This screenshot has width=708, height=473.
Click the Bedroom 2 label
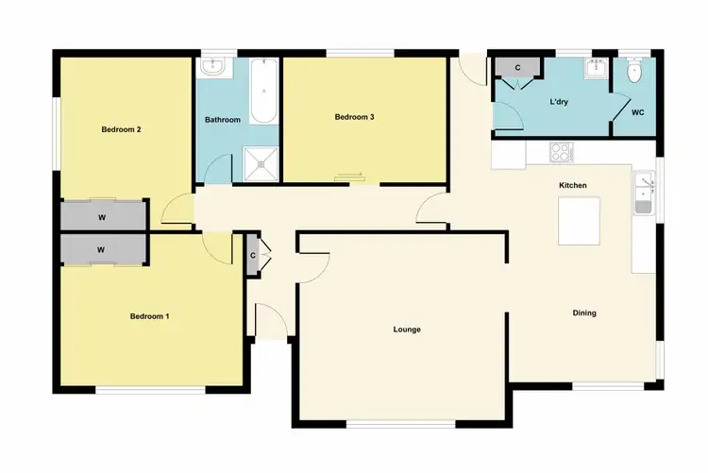122,130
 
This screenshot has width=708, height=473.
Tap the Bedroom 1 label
149,316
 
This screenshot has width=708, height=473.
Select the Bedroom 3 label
355,117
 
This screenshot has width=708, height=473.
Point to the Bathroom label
223,120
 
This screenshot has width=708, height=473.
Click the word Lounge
407,329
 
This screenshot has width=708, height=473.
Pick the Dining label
584,313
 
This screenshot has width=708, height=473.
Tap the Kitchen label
573,186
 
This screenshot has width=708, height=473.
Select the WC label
638,113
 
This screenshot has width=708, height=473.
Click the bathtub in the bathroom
263,92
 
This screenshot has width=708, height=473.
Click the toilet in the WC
634,70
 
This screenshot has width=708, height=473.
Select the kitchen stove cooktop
561,151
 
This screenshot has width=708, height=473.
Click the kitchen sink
644,194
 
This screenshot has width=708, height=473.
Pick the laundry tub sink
596,70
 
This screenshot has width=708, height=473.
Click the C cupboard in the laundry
517,69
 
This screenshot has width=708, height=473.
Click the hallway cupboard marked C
253,255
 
